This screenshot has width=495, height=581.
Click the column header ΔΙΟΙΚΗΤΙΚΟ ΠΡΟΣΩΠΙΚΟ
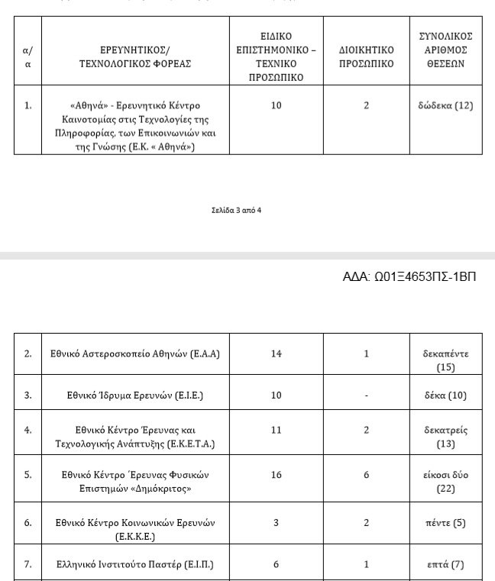pyautogui.click(x=366, y=57)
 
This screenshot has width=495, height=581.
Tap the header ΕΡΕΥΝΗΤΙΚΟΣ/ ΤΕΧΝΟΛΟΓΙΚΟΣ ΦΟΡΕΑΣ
pyautogui.click(x=135, y=57)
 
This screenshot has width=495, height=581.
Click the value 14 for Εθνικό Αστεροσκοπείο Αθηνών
pyautogui.click(x=276, y=353)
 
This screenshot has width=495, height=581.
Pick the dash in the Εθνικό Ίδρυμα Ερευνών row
pyautogui.click(x=367, y=395)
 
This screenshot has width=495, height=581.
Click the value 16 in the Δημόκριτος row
pyautogui.click(x=276, y=474)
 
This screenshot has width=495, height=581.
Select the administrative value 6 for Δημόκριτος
pyautogui.click(x=367, y=474)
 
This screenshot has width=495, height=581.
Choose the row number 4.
pyautogui.click(x=28, y=430)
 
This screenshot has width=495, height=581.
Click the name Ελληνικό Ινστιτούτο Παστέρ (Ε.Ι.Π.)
pyautogui.click(x=135, y=565)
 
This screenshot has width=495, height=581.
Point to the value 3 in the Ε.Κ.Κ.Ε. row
pyautogui.click(x=276, y=523)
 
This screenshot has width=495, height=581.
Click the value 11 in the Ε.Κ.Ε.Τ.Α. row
pyautogui.click(x=276, y=430)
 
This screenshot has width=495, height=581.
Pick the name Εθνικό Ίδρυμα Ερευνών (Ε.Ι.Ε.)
pyautogui.click(x=135, y=395)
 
